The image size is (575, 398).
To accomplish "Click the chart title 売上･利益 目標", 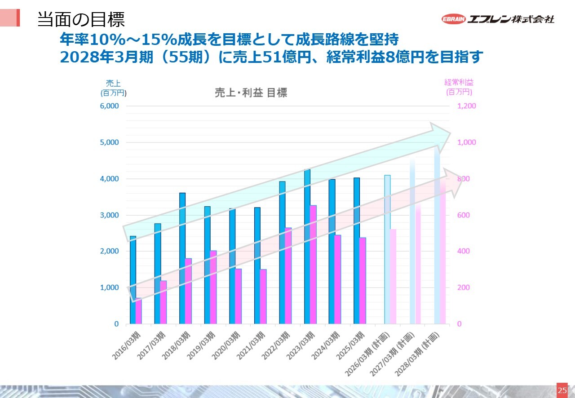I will (x=251, y=93).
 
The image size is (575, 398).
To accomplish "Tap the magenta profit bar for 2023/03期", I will (x=313, y=265).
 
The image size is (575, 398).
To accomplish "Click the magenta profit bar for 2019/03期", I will (x=213, y=287).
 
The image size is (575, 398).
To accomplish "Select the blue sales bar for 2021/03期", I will (x=257, y=265).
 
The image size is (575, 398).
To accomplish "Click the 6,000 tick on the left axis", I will (x=110, y=106).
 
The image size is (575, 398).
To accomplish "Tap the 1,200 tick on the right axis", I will (x=466, y=106).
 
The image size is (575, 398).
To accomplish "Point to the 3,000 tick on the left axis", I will (x=110, y=215).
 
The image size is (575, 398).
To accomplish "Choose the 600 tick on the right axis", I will (x=464, y=215).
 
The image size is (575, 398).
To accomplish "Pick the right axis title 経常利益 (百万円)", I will (x=459, y=87).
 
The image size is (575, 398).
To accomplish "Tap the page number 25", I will (x=562, y=390).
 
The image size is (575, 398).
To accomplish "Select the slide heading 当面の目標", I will (x=81, y=19).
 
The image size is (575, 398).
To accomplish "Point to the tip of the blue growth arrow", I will (x=450, y=133).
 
